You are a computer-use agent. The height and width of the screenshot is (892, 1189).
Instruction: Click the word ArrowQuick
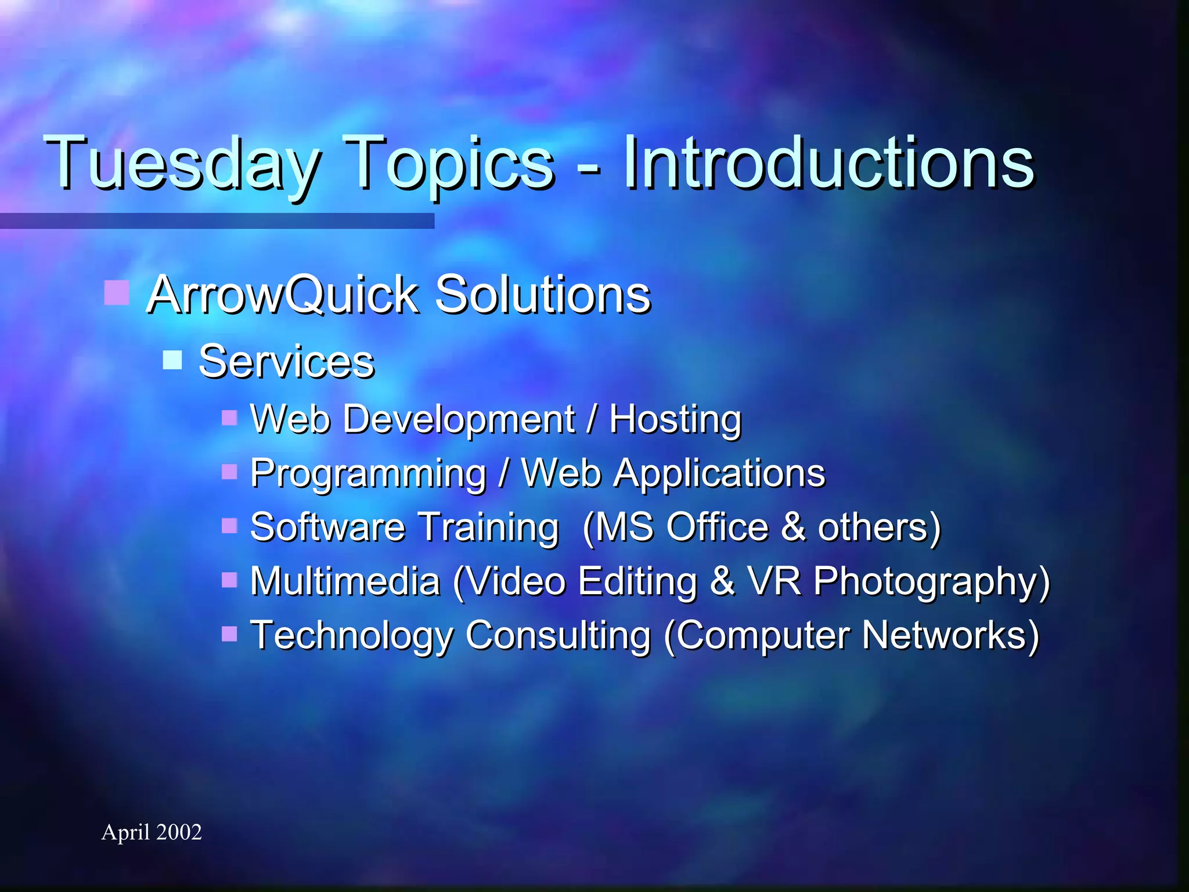[x=282, y=294]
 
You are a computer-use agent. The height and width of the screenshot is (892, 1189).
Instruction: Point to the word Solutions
[x=542, y=294]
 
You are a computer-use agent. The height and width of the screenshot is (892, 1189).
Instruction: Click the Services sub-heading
[x=286, y=361]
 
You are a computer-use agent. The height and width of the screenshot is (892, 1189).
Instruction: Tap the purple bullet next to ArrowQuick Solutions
[x=116, y=293]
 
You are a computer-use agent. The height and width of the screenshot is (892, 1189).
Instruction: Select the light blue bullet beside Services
[x=172, y=359]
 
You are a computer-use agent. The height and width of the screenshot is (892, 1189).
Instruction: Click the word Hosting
[x=675, y=419]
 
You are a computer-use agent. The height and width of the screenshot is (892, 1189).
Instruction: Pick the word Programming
[x=368, y=473]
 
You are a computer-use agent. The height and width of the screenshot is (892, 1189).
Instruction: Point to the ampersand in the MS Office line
[x=793, y=527]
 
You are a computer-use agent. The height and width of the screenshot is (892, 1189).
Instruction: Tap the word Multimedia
[x=345, y=581]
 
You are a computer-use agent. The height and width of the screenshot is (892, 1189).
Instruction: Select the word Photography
[x=931, y=581]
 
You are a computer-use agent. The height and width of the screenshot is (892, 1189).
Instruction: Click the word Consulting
[x=558, y=635]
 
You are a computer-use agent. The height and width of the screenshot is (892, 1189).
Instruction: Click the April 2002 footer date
[x=152, y=832]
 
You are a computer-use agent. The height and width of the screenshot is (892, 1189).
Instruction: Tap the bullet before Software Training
[x=229, y=526]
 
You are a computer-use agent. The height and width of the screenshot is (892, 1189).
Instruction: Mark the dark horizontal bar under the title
[x=217, y=221]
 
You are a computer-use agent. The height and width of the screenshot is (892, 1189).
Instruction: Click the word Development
[x=459, y=419]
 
